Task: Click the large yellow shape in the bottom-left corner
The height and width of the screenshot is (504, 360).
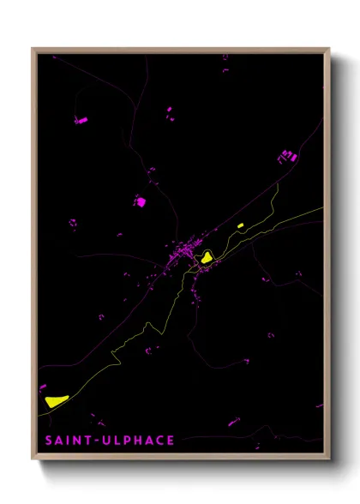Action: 54,399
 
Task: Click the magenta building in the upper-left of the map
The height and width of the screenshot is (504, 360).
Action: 81,121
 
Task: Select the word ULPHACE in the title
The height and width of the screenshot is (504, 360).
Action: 138,441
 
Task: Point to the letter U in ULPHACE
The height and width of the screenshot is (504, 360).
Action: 106,441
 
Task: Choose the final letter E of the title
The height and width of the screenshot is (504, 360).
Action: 171,441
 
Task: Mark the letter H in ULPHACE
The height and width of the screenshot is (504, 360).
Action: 137,441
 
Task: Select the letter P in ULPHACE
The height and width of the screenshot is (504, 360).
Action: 126,441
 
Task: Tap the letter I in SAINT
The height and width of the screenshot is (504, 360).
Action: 67,441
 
